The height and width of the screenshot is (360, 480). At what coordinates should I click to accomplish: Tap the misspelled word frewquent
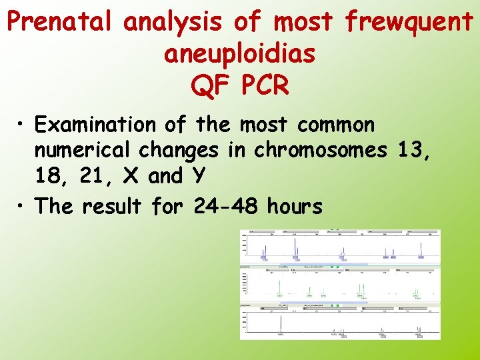(408, 23)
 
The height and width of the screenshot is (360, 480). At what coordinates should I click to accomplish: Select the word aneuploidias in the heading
(239, 54)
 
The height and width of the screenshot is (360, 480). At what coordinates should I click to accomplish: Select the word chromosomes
(319, 151)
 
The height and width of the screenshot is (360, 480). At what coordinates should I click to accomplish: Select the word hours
(295, 207)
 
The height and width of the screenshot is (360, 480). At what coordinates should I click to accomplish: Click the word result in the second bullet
(111, 207)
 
